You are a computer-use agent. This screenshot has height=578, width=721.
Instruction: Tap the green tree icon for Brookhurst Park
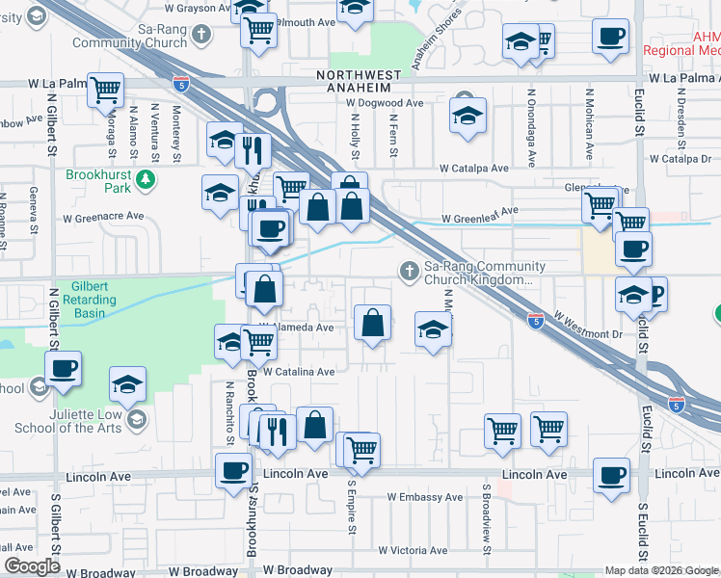point(145,178)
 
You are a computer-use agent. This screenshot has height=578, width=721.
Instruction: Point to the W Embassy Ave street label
point(425,498)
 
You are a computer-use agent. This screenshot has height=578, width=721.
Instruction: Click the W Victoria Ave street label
point(413,551)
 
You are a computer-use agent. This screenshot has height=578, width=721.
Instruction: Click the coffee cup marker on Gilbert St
point(64,369)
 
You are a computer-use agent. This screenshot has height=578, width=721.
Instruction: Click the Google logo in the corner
point(32,566)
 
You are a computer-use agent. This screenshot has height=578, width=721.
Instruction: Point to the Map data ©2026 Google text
point(660,570)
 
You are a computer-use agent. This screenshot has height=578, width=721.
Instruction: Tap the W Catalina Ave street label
point(299,371)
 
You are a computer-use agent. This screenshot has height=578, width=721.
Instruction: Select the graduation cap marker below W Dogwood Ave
point(467,118)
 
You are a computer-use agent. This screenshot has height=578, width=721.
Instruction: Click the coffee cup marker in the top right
point(611,38)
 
